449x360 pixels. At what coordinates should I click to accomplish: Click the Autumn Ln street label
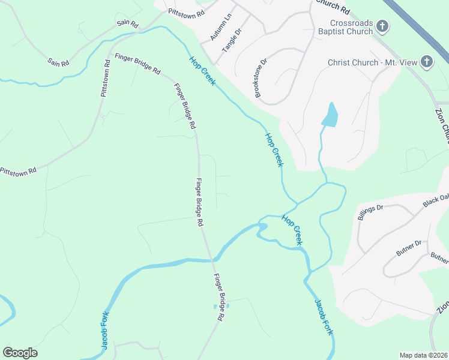(220, 28)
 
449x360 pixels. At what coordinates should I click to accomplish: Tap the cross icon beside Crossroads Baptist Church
(383, 26)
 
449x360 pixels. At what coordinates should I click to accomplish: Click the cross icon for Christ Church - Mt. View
(426, 61)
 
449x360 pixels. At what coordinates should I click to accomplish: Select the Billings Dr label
(370, 212)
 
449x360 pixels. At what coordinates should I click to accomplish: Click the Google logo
(20, 352)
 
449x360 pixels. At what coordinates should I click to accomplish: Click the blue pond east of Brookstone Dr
(330, 115)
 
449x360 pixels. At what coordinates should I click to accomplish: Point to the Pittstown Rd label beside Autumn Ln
(186, 11)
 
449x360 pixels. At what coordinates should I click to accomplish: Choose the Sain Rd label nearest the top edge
(128, 24)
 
